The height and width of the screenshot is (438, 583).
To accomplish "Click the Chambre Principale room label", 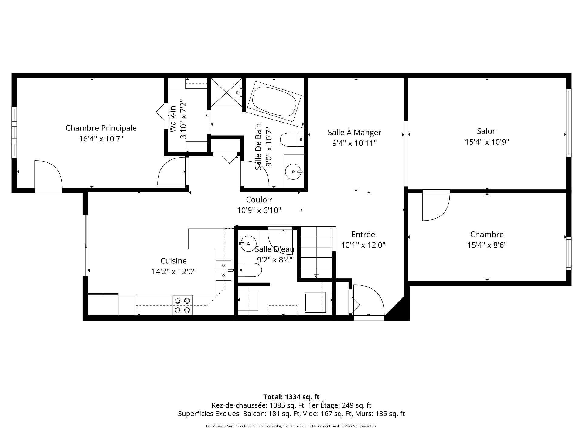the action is coord(101,128).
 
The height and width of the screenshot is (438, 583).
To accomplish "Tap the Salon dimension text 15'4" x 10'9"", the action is coord(487,142).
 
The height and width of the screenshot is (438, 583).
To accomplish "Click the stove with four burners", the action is coord(182,305).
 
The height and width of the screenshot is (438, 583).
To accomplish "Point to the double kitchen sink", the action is coord(223,270).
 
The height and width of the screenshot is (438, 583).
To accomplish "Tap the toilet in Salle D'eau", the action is coord(250,270).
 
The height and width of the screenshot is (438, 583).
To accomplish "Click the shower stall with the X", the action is coord(227,92).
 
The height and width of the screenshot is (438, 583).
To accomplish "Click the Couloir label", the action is coord(259,200).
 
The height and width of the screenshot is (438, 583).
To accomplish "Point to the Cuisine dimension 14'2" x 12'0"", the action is coord(174,271).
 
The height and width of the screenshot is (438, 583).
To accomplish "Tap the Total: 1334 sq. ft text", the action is coord(291,397).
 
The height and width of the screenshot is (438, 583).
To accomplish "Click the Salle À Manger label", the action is coord(354,133).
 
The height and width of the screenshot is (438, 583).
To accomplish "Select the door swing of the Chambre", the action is coord(436,205).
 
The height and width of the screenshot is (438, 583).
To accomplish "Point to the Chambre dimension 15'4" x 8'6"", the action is coord(487,245).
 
